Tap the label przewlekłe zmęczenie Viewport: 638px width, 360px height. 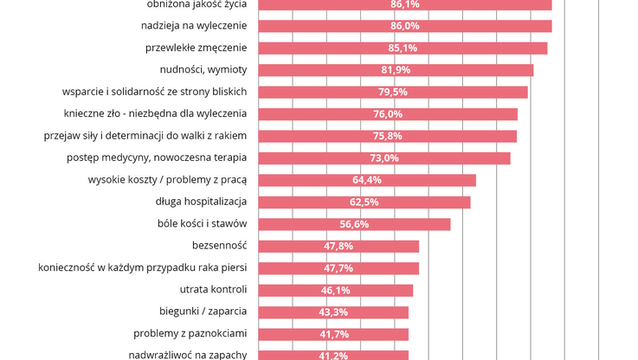(196, 48)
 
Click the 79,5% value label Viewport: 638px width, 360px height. (392, 92)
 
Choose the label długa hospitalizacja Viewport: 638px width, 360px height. (201, 202)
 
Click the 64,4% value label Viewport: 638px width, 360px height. (366, 180)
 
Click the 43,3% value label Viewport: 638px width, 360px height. (333, 312)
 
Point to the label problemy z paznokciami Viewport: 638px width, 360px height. (190, 334)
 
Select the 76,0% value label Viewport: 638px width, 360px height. (388, 114)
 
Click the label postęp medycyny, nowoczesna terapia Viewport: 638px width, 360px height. (157, 157)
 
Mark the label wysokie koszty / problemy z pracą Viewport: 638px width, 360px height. (167, 180)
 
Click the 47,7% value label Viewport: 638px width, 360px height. (338, 268)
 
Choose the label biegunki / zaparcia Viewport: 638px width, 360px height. (203, 312)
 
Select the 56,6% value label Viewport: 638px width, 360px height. (354, 224)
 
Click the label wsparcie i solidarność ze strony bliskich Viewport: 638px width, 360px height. (155, 92)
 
